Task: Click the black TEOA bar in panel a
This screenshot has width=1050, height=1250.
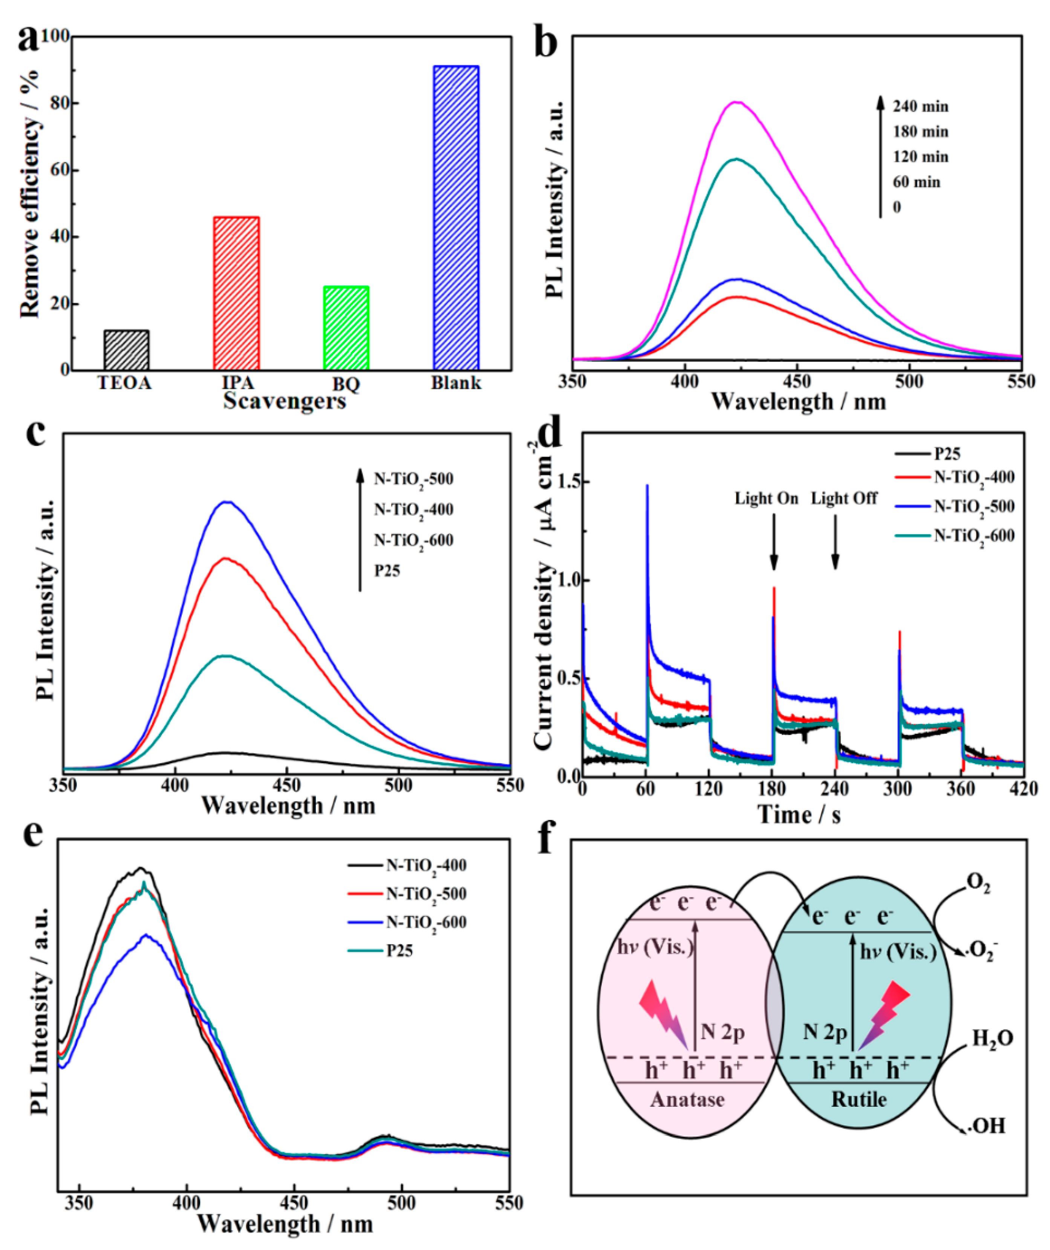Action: [127, 350]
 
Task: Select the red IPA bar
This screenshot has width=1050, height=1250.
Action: [236, 294]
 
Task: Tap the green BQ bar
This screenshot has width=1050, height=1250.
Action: [346, 328]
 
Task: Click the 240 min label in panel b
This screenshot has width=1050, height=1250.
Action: [920, 107]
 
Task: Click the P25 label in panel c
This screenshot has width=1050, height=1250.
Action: [387, 571]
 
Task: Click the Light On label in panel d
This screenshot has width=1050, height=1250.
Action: [766, 498]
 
